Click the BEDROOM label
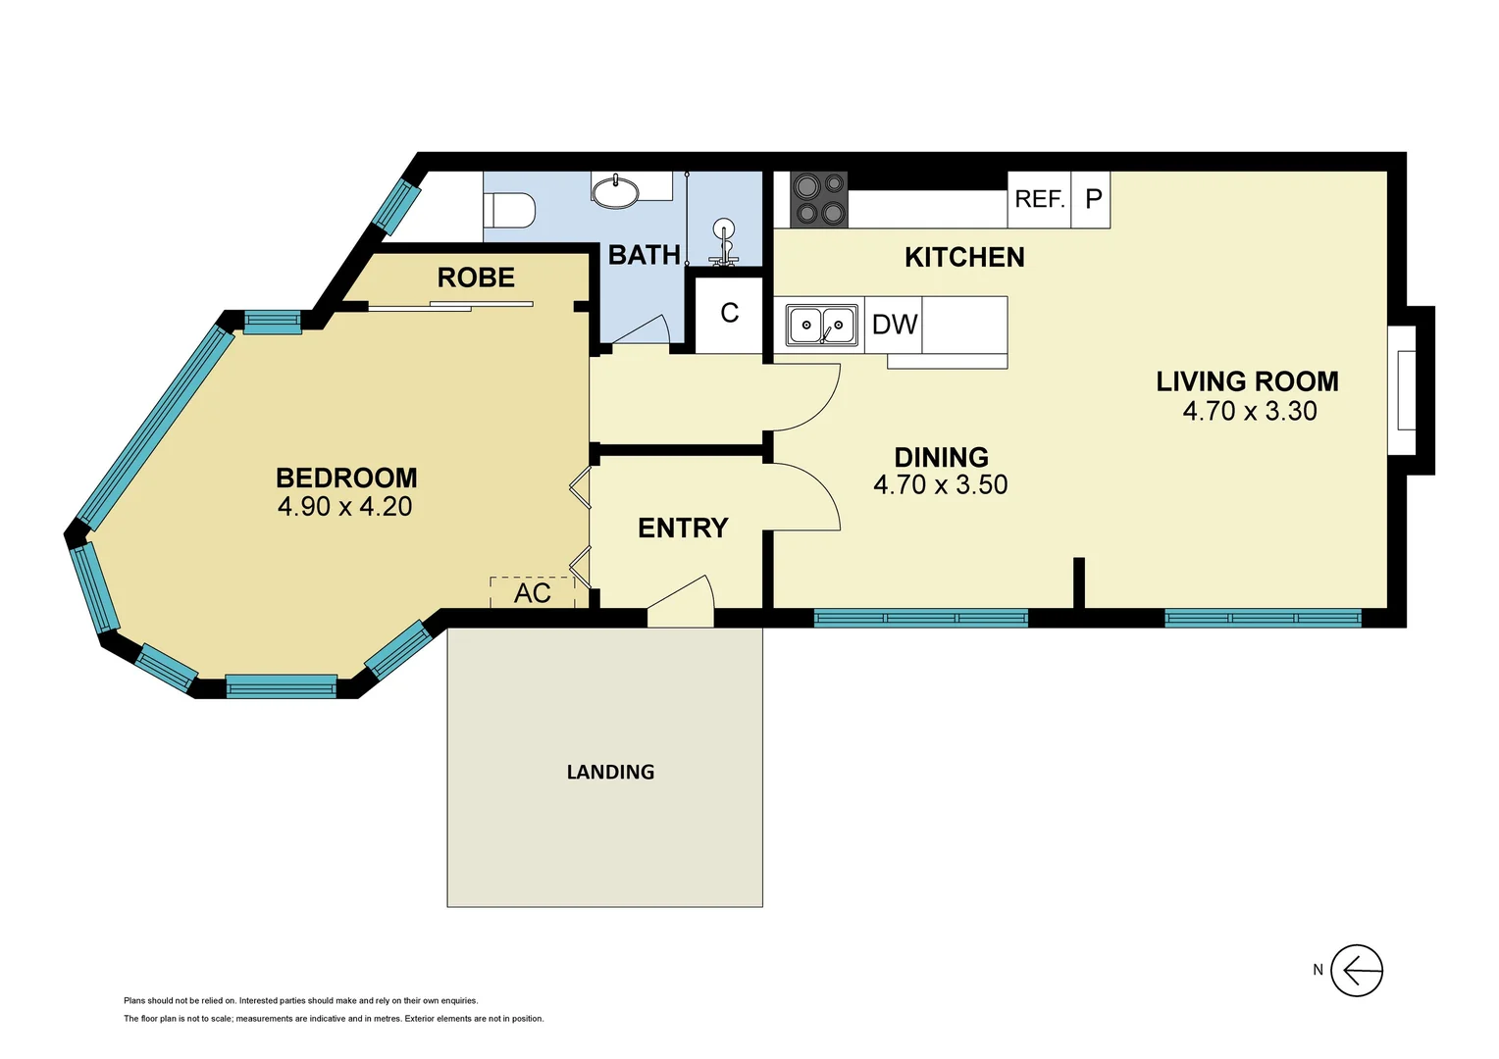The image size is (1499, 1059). click(x=346, y=478)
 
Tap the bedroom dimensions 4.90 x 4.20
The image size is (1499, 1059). click(x=344, y=507)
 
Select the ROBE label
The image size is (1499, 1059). click(x=476, y=277)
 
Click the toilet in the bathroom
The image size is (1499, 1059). click(x=510, y=210)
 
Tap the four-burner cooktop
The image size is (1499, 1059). click(x=819, y=199)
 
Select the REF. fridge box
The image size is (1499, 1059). click(x=1039, y=199)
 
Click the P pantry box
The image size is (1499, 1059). click(x=1092, y=199)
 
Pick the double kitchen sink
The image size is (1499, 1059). click(x=822, y=325)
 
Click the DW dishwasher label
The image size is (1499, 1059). click(x=894, y=325)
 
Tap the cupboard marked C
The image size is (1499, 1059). click(x=729, y=314)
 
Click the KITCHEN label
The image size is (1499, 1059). click(x=964, y=257)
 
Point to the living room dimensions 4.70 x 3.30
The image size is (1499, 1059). click(x=1249, y=411)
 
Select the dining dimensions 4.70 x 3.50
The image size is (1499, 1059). click(x=940, y=485)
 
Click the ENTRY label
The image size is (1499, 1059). click(x=683, y=529)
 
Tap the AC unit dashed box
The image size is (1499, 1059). click(x=532, y=592)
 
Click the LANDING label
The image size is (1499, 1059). click(x=610, y=773)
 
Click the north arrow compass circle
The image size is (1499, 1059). click(x=1357, y=971)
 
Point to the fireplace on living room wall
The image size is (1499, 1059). click(x=1406, y=390)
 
